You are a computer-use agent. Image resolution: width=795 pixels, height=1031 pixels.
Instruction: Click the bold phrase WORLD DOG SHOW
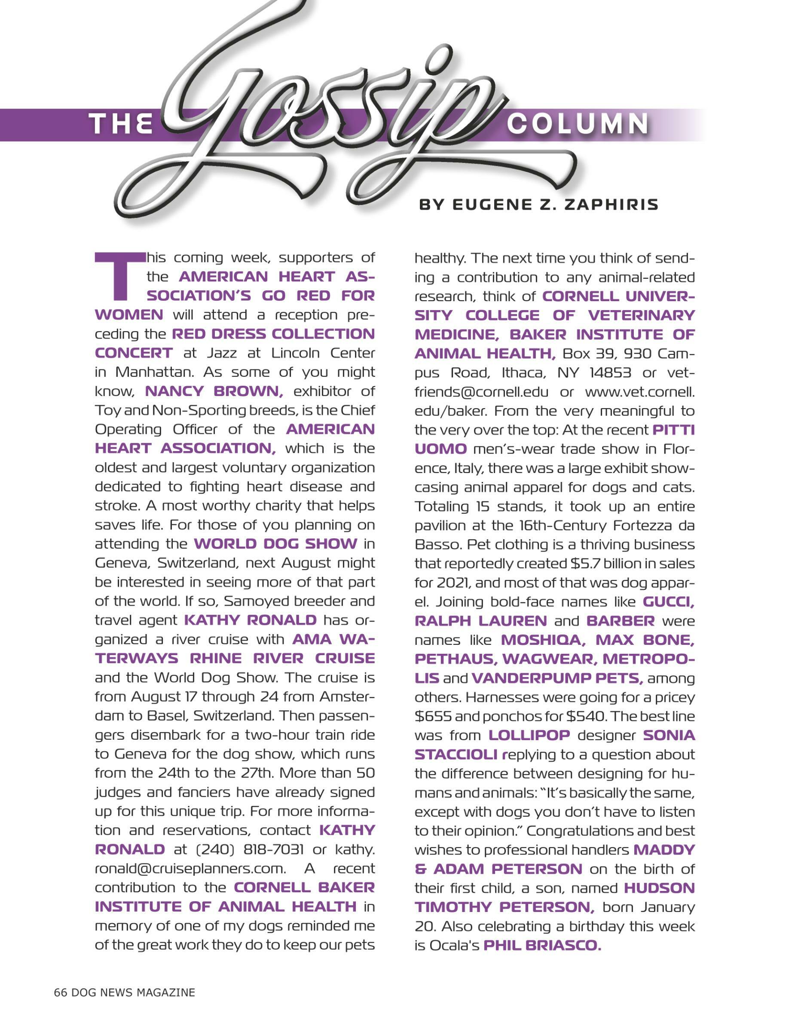(275, 544)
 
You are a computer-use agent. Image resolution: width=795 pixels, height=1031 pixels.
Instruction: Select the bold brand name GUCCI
(668, 602)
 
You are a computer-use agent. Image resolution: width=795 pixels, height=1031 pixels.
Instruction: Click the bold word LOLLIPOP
(529, 735)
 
